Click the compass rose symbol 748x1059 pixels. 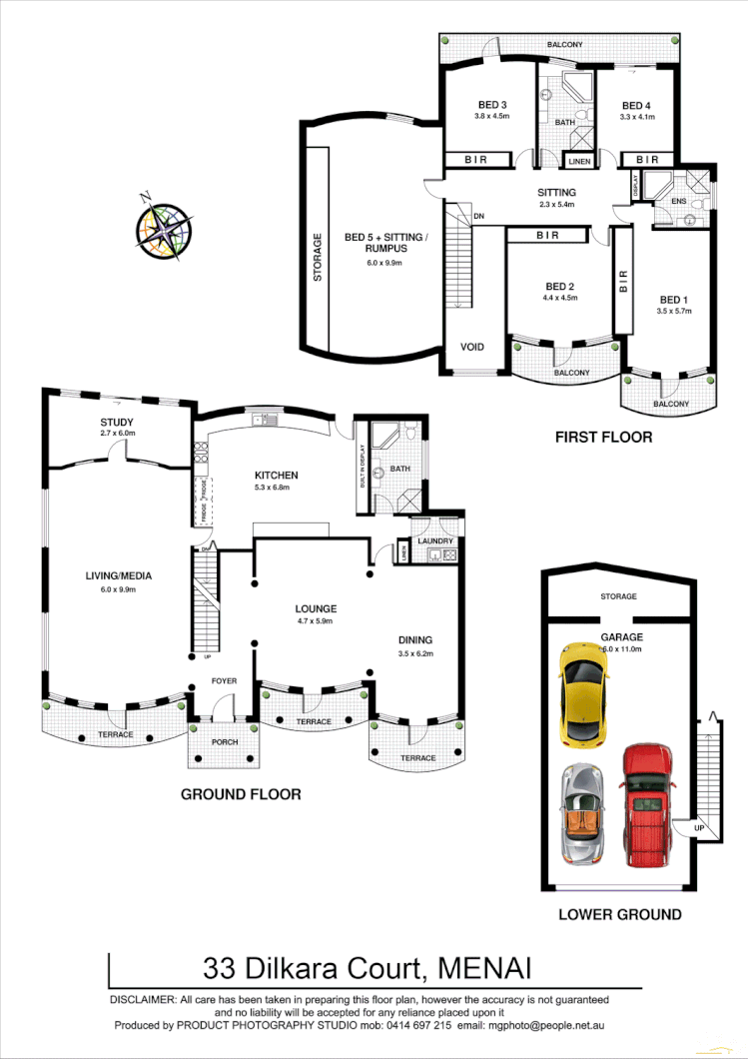pos(165,227)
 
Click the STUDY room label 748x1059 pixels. pos(117,423)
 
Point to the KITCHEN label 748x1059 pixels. pos(277,475)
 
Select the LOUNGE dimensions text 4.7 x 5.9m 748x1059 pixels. pos(316,621)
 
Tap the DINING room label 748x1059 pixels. pos(416,641)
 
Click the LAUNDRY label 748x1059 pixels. pos(435,541)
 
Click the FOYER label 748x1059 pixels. pos(224,681)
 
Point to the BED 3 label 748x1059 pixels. pos(491,105)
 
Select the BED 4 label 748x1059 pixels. pos(636,106)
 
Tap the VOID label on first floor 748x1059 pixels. pos(471,348)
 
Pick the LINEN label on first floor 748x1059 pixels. pos(579,161)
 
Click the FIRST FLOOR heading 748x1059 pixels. pos(604,437)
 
